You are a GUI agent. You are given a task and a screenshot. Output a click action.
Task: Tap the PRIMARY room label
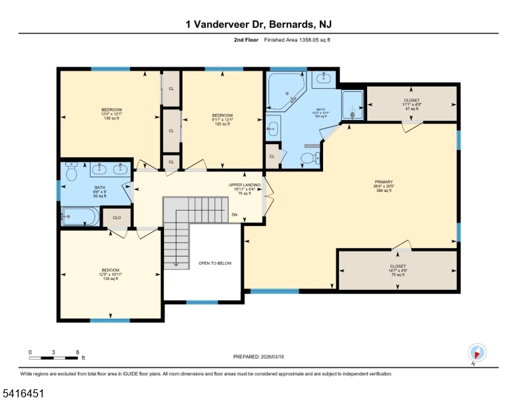click(x=383, y=185)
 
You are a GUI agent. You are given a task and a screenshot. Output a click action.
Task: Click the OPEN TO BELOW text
click(x=215, y=263)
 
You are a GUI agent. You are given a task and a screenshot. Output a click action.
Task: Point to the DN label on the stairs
click(x=234, y=215)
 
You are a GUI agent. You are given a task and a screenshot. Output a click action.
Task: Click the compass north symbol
click(x=478, y=353)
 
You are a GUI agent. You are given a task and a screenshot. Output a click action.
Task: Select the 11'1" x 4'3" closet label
click(x=412, y=104)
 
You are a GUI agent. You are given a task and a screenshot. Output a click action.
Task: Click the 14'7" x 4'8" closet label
click(x=398, y=270)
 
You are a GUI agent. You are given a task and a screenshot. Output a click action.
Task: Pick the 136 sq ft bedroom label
click(x=111, y=114)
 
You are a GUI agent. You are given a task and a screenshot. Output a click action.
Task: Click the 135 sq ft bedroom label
click(x=111, y=274)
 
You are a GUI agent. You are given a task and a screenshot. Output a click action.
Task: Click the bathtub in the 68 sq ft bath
click(x=79, y=215)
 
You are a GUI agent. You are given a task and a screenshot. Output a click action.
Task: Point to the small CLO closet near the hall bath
click(x=116, y=217)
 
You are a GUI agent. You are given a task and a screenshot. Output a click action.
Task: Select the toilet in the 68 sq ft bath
click(x=73, y=171)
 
